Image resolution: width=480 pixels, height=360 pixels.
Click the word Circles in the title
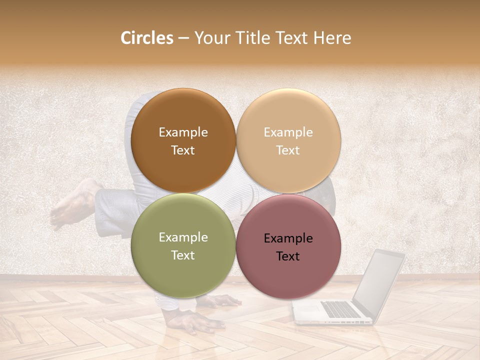pos(146,38)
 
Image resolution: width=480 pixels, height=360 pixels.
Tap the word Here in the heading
pos(332,38)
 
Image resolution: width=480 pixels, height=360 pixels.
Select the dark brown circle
pos(183,140)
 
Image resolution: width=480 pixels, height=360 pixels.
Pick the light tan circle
pos(288,140)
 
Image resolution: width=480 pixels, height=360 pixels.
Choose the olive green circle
pos(183,245)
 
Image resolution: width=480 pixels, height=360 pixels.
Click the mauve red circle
pos(288,246)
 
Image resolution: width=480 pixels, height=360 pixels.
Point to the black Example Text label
pos(288,247)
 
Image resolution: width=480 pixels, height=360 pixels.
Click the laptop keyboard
pos(340,309)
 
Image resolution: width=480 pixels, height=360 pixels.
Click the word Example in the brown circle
pos(183,132)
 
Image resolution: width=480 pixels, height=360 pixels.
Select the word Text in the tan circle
pos(288,150)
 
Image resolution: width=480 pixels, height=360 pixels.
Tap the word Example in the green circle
pos(183,237)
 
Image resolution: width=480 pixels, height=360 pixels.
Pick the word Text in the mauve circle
pos(288,256)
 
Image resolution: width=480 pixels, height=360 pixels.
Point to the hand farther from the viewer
pos(220,300)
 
